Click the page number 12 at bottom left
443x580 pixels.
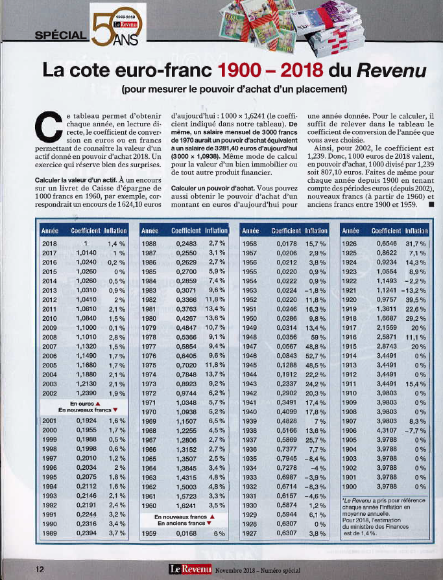(39, 568)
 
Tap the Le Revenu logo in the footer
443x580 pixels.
(190, 568)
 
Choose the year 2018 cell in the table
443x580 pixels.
(49, 244)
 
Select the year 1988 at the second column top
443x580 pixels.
(149, 244)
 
